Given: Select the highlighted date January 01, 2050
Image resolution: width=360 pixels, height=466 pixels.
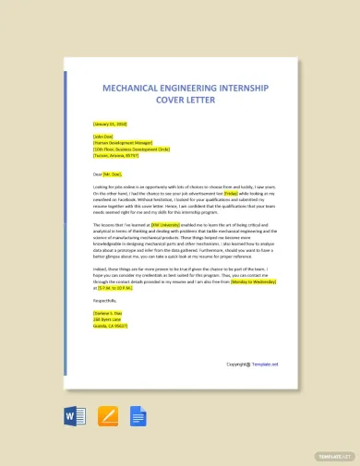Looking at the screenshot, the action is pos(110,123).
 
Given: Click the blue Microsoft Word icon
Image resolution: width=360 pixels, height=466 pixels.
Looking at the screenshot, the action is pos(76,417).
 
